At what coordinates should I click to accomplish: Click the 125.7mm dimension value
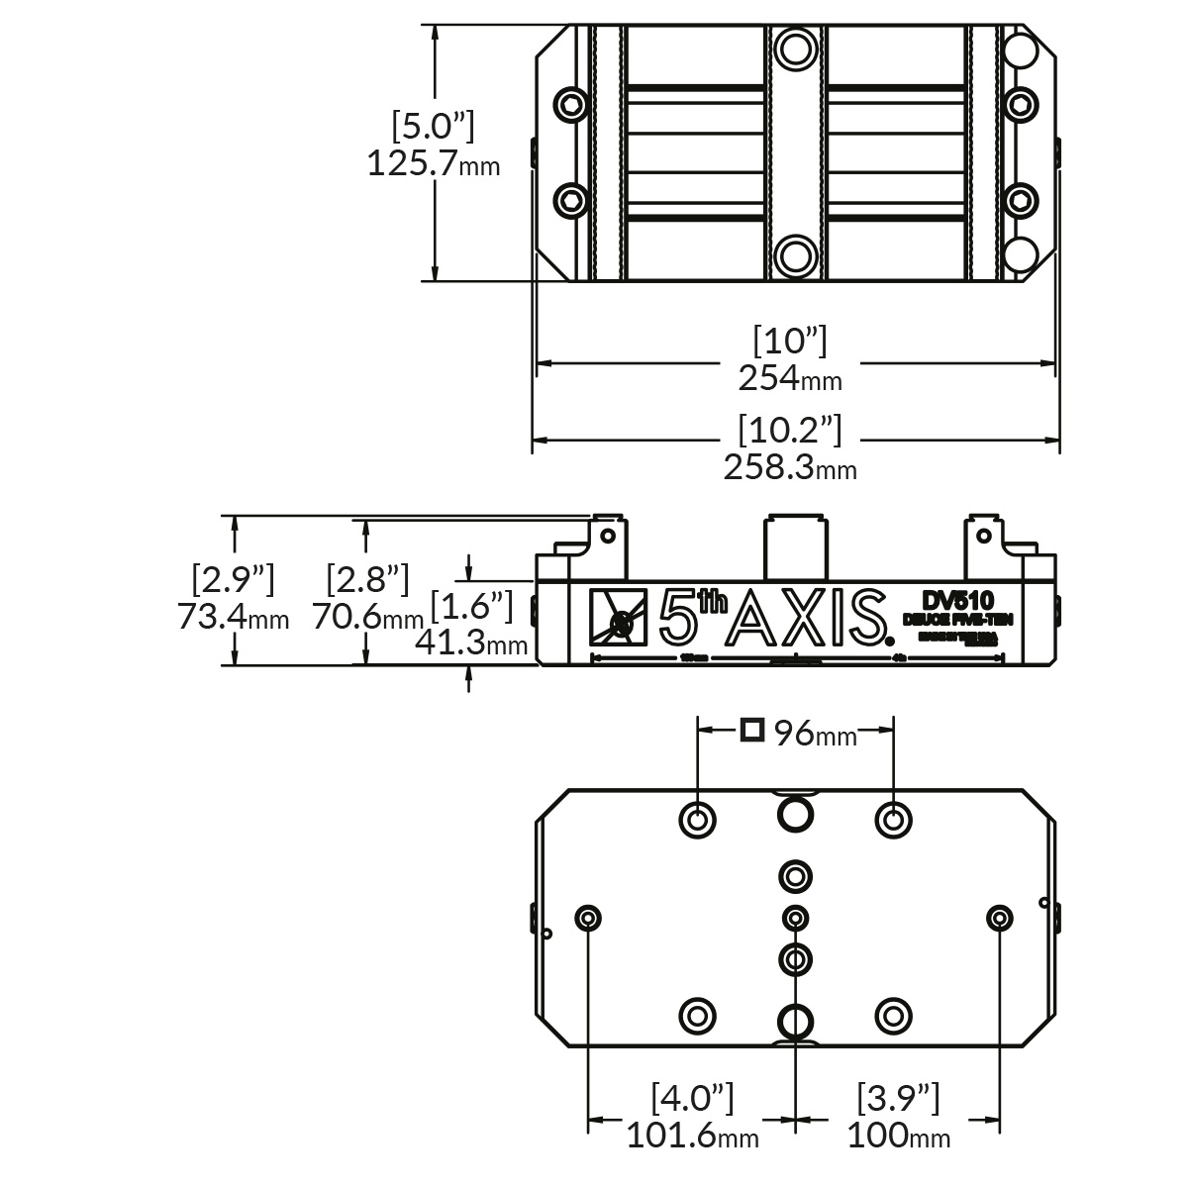pyautogui.click(x=433, y=162)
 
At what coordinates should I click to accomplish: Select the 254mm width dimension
pyautogui.click(x=789, y=377)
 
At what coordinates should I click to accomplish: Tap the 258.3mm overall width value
pyautogui.click(x=789, y=466)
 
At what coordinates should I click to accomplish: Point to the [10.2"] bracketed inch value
pyautogui.click(x=789, y=430)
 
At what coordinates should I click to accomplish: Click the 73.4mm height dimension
pyautogui.click(x=234, y=617)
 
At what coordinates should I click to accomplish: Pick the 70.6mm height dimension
pyautogui.click(x=367, y=617)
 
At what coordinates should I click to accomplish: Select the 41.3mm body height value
pyautogui.click(x=470, y=643)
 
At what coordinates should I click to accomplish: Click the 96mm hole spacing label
pyautogui.click(x=814, y=734)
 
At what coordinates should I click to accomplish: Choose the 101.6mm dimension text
pyautogui.click(x=692, y=1135)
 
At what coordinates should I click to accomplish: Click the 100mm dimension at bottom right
pyautogui.click(x=898, y=1135)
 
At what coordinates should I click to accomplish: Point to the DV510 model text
pyautogui.click(x=956, y=600)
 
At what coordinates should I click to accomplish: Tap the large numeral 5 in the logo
pyautogui.click(x=677, y=619)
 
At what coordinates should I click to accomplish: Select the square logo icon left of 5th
pyautogui.click(x=616, y=619)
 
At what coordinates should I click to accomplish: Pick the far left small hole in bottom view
pyautogui.click(x=589, y=918)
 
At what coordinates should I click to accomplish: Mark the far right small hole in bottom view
pyautogui.click(x=1000, y=918)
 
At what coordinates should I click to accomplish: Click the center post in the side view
pyautogui.click(x=794, y=547)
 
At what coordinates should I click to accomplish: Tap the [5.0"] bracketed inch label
pyautogui.click(x=433, y=127)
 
